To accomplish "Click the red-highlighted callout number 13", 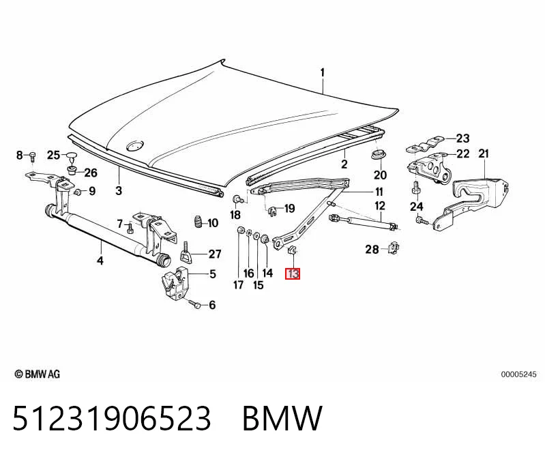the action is [x=293, y=274].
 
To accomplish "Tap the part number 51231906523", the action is [x=112, y=418].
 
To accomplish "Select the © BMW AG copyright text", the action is [x=38, y=374].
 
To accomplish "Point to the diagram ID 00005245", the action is [x=518, y=374].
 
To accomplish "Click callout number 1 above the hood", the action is [x=323, y=72].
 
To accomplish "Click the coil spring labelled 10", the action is [x=198, y=222].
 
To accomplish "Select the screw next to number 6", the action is [x=194, y=304].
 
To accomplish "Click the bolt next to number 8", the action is [x=32, y=156].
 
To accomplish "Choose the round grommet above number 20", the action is [x=379, y=155].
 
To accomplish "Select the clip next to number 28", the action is [x=393, y=248].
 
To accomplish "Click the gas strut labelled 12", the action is [x=363, y=222].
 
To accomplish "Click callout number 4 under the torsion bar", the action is [x=100, y=260].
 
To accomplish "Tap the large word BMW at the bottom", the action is [x=282, y=418].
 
